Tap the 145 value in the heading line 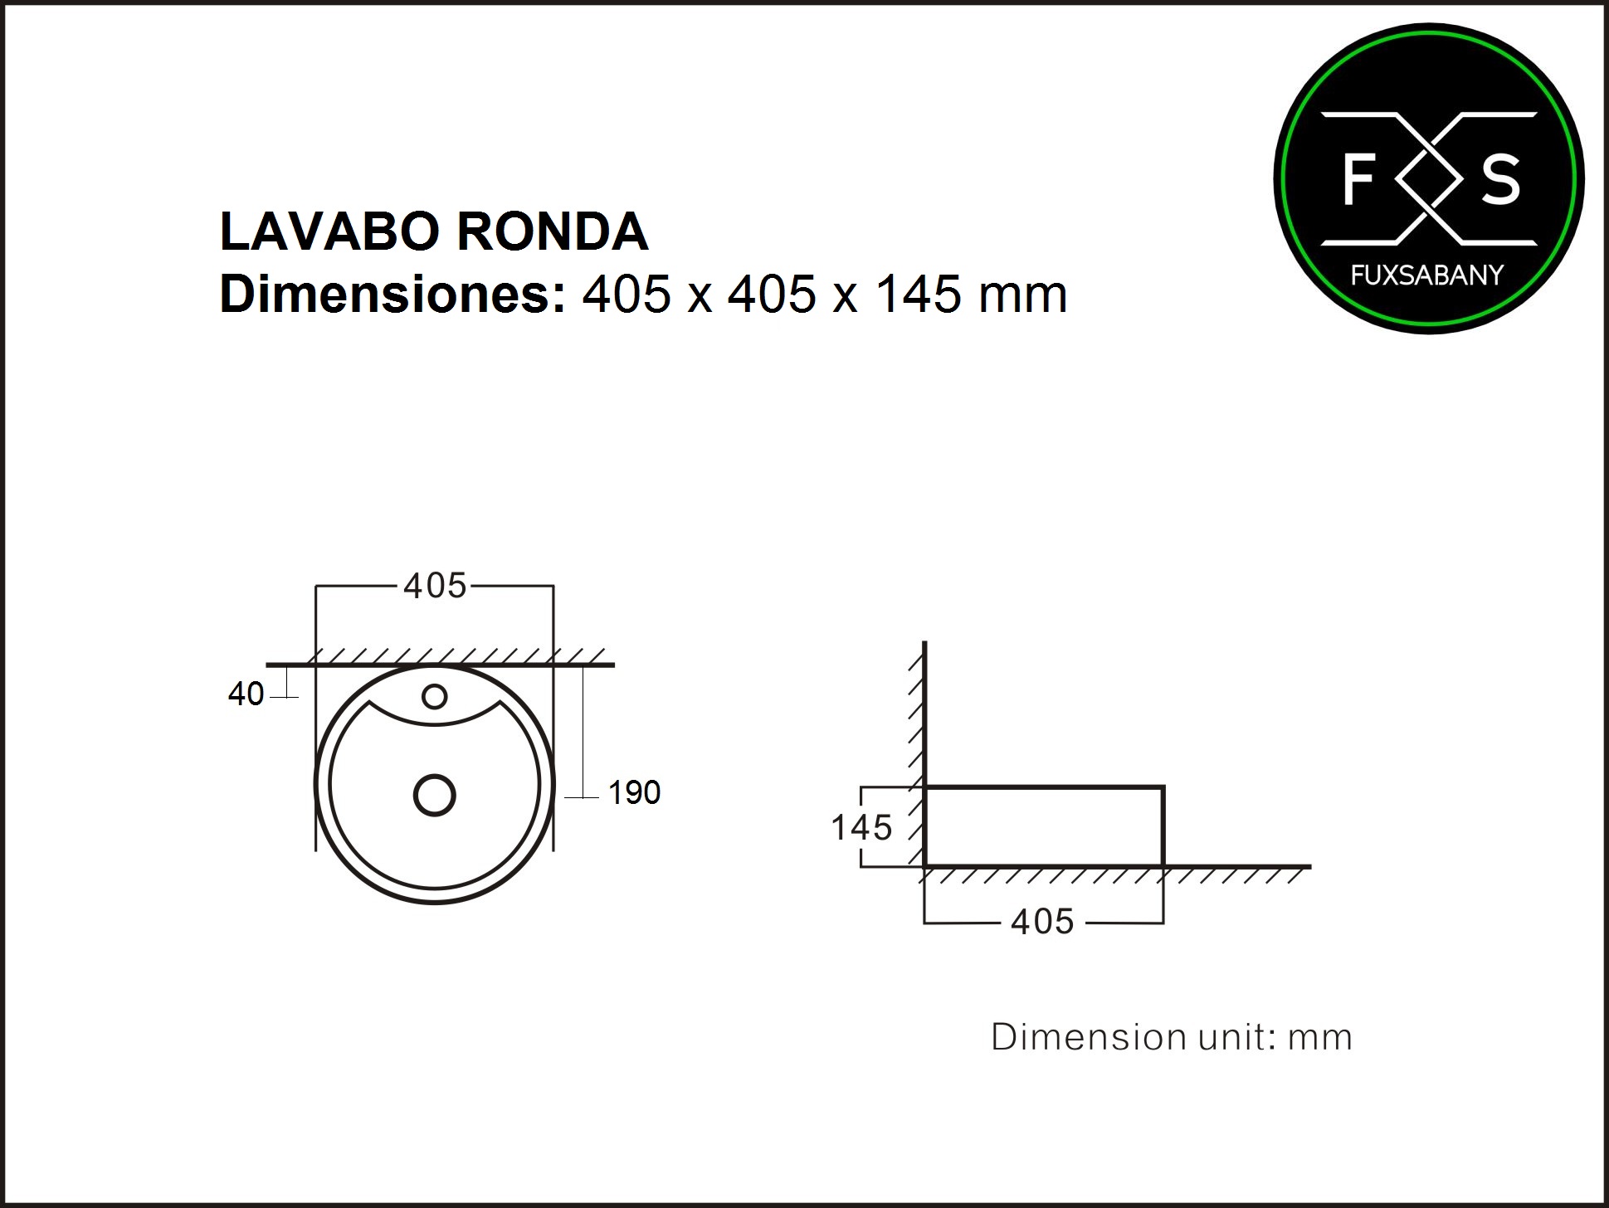point(919,295)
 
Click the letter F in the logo point(1358,179)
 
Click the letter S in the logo point(1500,179)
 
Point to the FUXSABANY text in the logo point(1427,275)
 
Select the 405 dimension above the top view point(435,586)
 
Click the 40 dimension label point(246,694)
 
